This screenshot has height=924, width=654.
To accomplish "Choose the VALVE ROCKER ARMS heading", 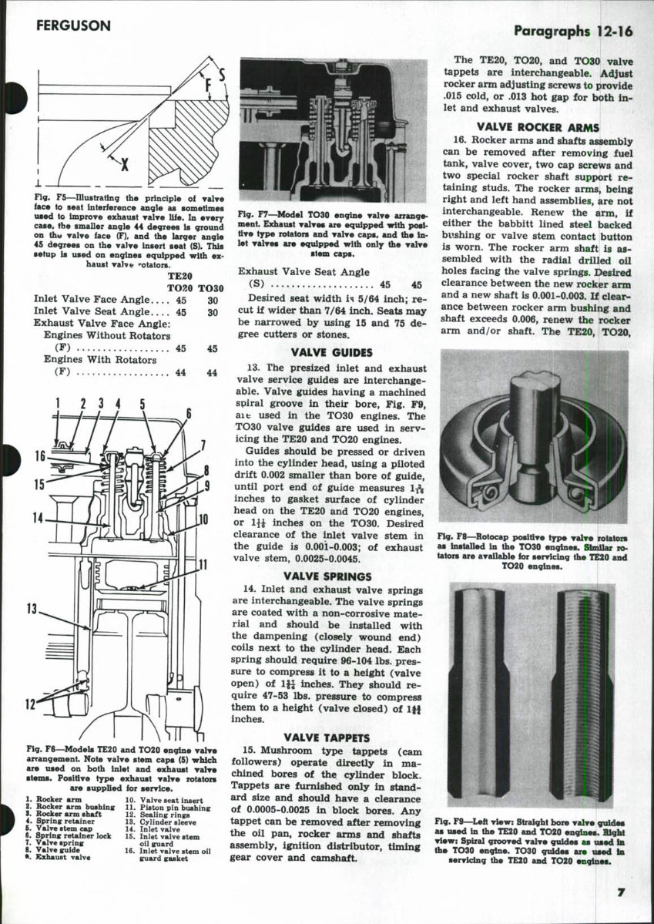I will click(x=538, y=127).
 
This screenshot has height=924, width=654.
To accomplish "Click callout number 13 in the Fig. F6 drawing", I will click(x=32, y=609).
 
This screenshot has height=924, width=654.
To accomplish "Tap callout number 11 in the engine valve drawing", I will click(x=203, y=565).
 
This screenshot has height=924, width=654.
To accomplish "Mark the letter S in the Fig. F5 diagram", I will click(x=222, y=76).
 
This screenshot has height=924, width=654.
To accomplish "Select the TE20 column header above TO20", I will click(x=179, y=274).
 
